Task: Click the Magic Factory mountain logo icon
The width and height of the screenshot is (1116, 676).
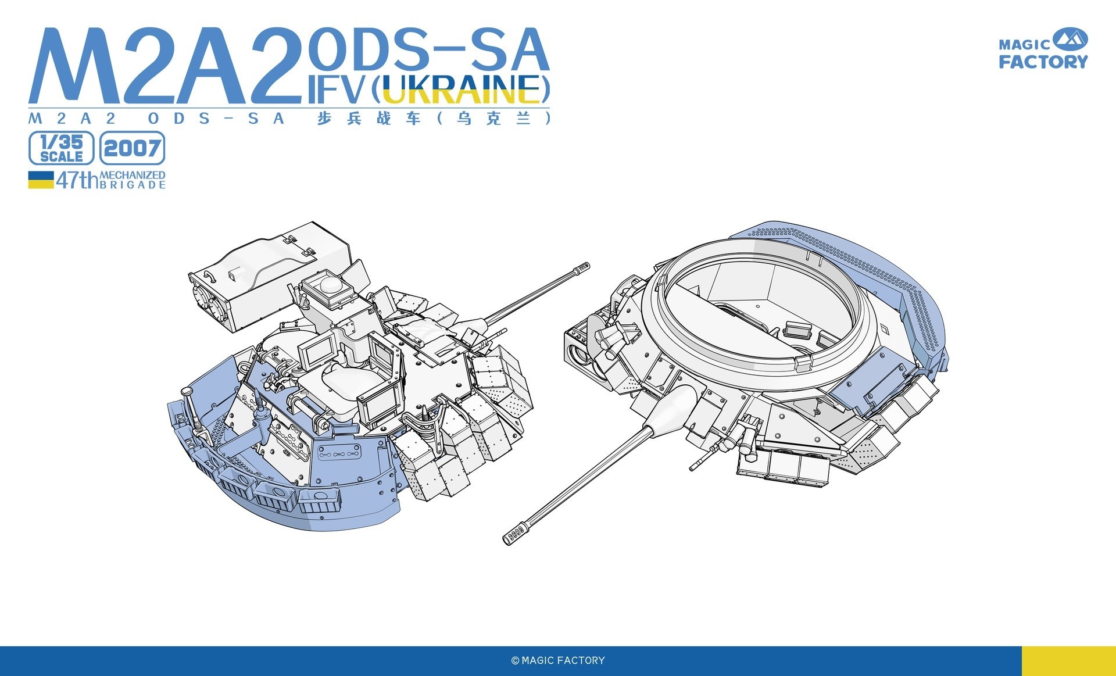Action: pyautogui.click(x=1069, y=40)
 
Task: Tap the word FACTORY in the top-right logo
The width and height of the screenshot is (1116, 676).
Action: pyautogui.click(x=1043, y=62)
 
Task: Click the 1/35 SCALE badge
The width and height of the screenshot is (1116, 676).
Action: pyautogui.click(x=61, y=148)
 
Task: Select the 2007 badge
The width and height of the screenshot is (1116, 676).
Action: pyautogui.click(x=132, y=148)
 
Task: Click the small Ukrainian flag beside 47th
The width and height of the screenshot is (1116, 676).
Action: pyautogui.click(x=41, y=180)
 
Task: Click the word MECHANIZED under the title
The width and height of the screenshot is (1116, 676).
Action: pyautogui.click(x=133, y=175)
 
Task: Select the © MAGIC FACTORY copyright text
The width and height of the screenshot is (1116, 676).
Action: pyautogui.click(x=558, y=660)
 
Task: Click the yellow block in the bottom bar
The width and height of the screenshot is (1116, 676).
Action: pyautogui.click(x=1068, y=660)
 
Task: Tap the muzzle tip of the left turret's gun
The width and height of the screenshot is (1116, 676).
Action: pyautogui.click(x=582, y=267)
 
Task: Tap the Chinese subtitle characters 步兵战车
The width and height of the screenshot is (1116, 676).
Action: pyautogui.click(x=369, y=119)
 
